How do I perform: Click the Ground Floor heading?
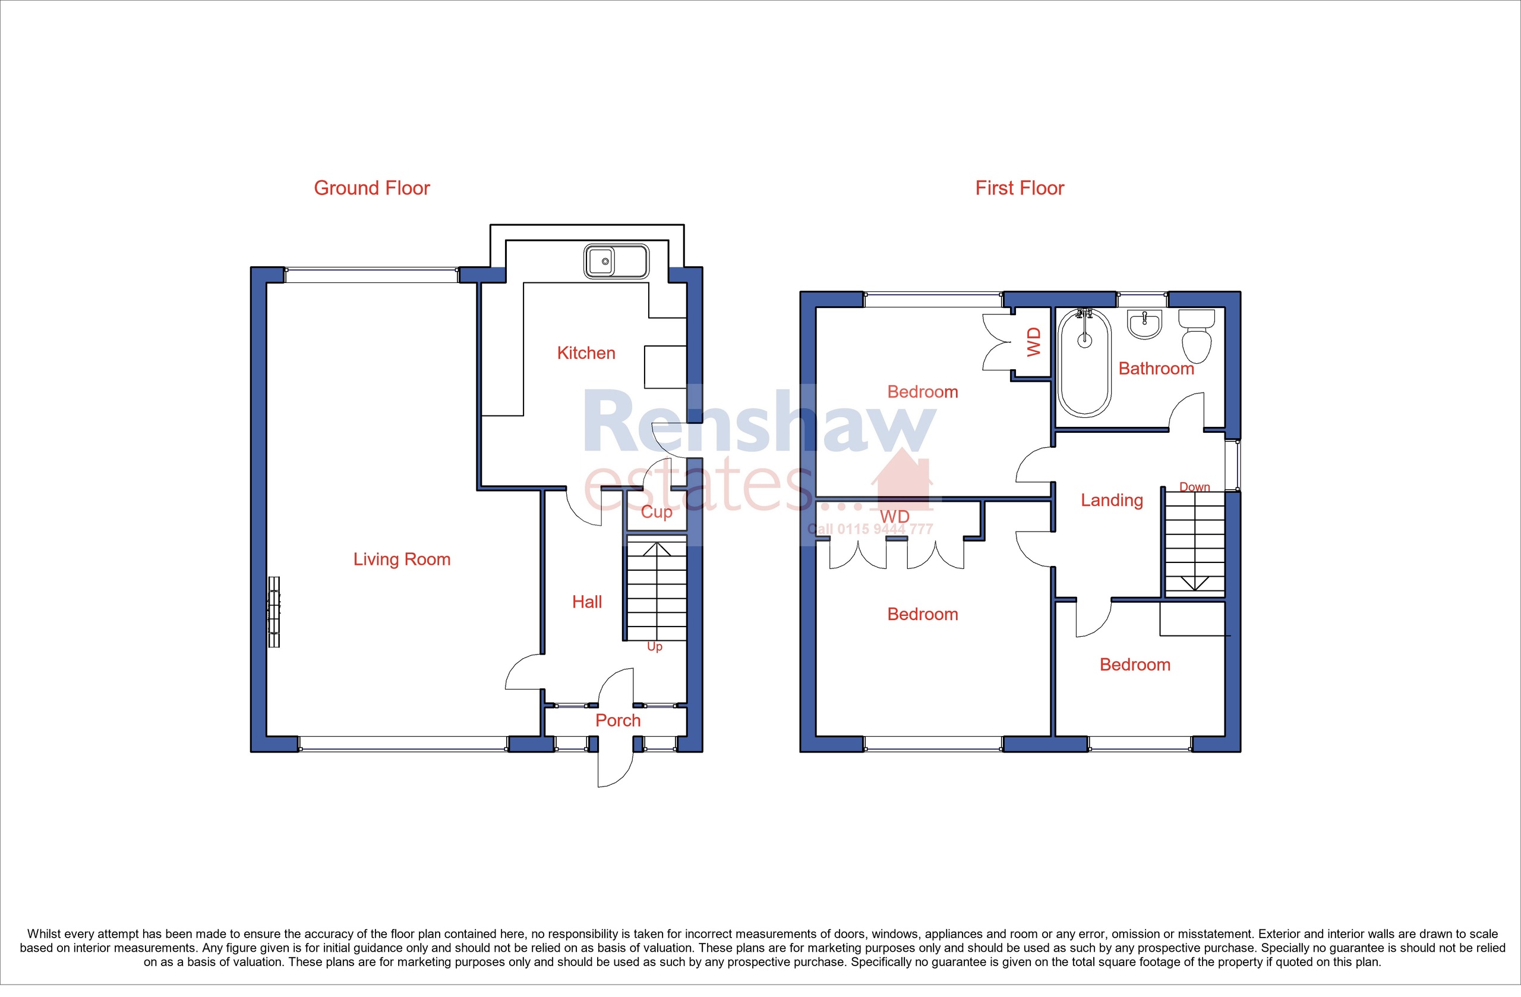tap(371, 188)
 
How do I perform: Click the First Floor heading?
tap(1020, 188)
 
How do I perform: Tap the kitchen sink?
tap(616, 261)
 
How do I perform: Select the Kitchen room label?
tap(585, 353)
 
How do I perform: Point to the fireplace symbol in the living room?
tap(274, 612)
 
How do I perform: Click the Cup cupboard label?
tap(657, 512)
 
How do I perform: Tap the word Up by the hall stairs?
tap(654, 647)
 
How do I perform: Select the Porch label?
tap(617, 721)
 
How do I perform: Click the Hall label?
tap(586, 602)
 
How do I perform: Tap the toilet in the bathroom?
tap(1197, 335)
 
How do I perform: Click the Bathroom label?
tap(1156, 369)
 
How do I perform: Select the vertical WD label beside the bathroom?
tap(1033, 342)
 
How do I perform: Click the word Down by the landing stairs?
tap(1194, 487)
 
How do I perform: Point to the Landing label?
tap(1112, 500)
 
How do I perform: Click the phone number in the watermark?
tap(870, 529)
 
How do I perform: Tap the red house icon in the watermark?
tap(902, 479)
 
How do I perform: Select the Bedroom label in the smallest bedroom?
tap(1134, 665)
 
